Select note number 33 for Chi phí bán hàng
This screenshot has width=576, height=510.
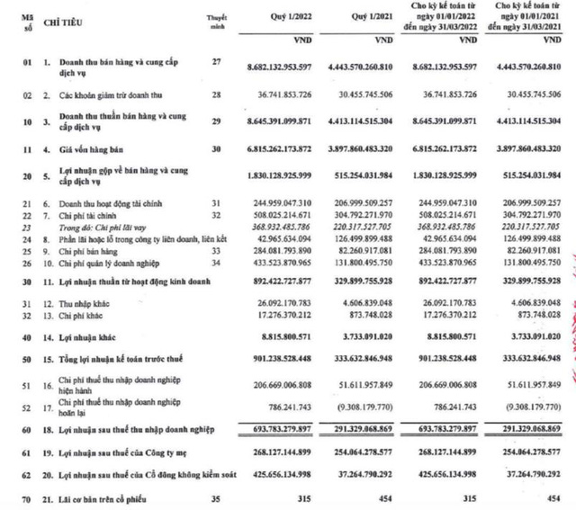pos(215,252)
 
